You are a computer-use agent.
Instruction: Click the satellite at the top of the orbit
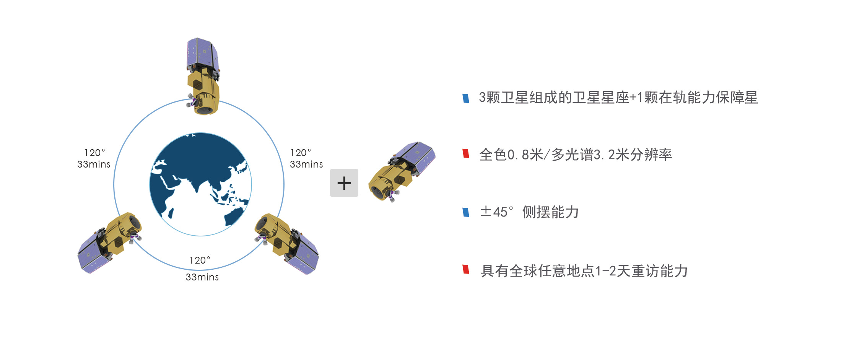pyautogui.click(x=203, y=77)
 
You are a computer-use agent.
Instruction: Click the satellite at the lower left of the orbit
pyautogui.click(x=109, y=243)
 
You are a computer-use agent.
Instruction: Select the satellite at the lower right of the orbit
pyautogui.click(x=287, y=243)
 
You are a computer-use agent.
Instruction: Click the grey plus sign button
pyautogui.click(x=344, y=183)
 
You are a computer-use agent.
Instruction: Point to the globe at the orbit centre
pyautogui.click(x=200, y=184)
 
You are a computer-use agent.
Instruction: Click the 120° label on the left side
pyautogui.click(x=94, y=153)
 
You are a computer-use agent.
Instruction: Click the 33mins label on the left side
pyautogui.click(x=94, y=165)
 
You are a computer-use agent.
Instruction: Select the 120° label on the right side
pyautogui.click(x=301, y=153)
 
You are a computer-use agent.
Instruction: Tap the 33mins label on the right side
pyautogui.click(x=306, y=165)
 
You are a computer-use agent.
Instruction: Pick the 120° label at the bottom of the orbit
pyautogui.click(x=200, y=260)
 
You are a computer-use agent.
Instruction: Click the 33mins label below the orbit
pyautogui.click(x=202, y=277)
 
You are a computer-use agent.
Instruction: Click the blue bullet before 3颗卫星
pyautogui.click(x=466, y=98)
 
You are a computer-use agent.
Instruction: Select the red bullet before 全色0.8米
pyautogui.click(x=466, y=153)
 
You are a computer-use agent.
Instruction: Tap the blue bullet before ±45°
pyautogui.click(x=466, y=212)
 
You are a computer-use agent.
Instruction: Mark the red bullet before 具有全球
pyautogui.click(x=466, y=269)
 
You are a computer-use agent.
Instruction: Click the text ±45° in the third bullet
pyautogui.click(x=496, y=212)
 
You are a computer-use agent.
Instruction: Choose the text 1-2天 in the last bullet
pyautogui.click(x=610, y=271)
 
